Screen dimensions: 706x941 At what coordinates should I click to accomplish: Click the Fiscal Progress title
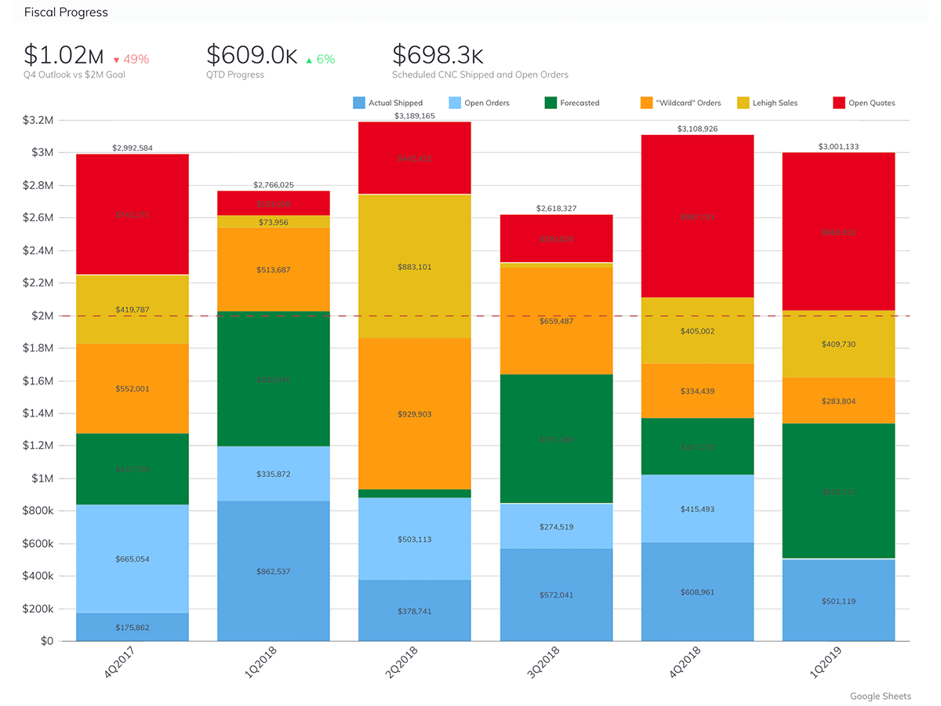tap(66, 13)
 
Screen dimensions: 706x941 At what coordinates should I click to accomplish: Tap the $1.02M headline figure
tap(64, 55)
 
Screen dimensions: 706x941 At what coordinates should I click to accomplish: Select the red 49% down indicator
tap(131, 59)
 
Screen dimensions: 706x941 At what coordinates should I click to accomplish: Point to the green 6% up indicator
tap(320, 59)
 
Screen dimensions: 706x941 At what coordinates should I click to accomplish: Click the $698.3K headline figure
tap(438, 55)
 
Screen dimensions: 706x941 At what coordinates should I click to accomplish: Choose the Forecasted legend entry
tap(572, 103)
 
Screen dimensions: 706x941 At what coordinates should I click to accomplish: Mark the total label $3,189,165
tap(414, 115)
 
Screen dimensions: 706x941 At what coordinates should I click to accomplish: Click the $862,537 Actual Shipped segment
tap(273, 571)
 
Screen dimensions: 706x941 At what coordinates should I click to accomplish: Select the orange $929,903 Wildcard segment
tap(414, 414)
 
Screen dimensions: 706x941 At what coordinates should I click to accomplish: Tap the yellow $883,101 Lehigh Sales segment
tap(414, 267)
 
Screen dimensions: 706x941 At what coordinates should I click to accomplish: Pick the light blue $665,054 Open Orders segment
tap(132, 559)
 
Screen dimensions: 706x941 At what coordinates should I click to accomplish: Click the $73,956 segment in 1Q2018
tap(273, 222)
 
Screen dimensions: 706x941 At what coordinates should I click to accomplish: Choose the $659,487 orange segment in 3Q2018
tap(555, 321)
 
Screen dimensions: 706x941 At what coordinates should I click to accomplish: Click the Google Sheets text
tap(880, 696)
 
